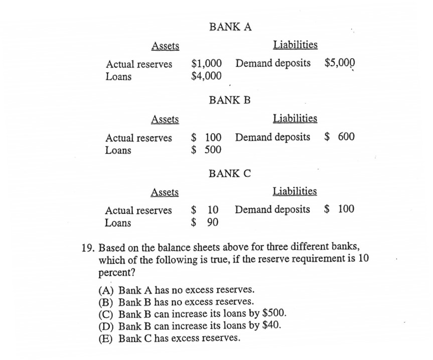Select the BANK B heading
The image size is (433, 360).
coord(230,100)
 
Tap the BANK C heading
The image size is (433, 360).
coord(230,174)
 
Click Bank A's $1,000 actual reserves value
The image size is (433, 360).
coord(207,64)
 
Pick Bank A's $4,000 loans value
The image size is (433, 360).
coord(207,76)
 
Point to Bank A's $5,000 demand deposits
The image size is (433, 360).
coord(340,63)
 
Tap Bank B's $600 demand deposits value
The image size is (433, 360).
coord(339,137)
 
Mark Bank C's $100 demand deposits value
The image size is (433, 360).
coord(339,209)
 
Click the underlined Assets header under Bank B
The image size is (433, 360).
coord(165,119)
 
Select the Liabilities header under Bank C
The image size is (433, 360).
coord(295,191)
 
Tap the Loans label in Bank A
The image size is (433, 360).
coord(118,77)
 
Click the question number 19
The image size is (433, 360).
coord(88,248)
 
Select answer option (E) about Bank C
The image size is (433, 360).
coord(170,338)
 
